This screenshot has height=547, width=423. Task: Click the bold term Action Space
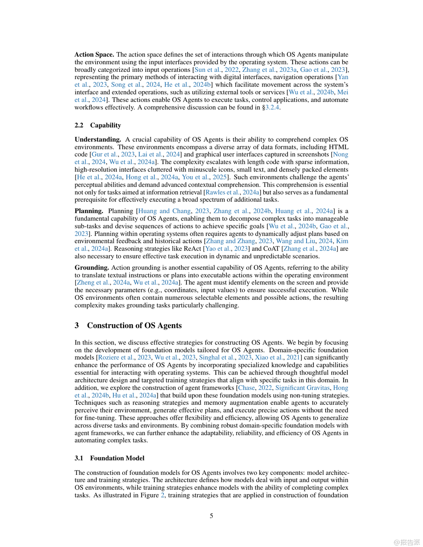(94, 55)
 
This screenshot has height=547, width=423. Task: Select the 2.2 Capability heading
(98, 125)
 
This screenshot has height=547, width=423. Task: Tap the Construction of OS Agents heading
(134, 326)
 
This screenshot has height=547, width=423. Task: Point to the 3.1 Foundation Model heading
(109, 458)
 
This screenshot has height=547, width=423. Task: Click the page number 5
(211, 516)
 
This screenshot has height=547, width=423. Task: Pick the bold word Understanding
(97, 140)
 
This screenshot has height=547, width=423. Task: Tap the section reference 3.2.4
(272, 108)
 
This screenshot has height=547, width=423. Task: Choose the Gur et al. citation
(104, 155)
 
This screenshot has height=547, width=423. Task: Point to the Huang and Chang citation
(164, 211)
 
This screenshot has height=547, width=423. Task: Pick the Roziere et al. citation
(116, 358)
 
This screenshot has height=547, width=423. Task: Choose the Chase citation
(247, 388)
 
